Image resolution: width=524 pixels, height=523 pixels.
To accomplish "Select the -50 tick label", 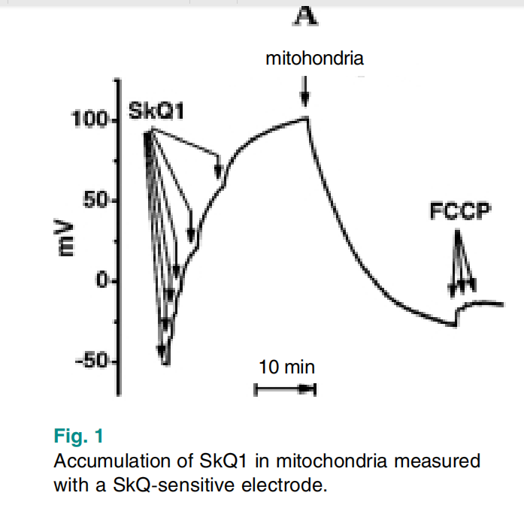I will [94, 361].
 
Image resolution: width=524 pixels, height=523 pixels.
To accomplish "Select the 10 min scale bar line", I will [285, 388].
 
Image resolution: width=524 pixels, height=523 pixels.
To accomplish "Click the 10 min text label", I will [286, 367].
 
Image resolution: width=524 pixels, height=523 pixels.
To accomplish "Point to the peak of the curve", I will [306, 117].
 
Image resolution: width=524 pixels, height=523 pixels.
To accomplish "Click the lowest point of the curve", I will [165, 364].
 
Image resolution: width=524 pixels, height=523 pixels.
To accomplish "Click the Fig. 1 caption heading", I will [79, 436].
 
